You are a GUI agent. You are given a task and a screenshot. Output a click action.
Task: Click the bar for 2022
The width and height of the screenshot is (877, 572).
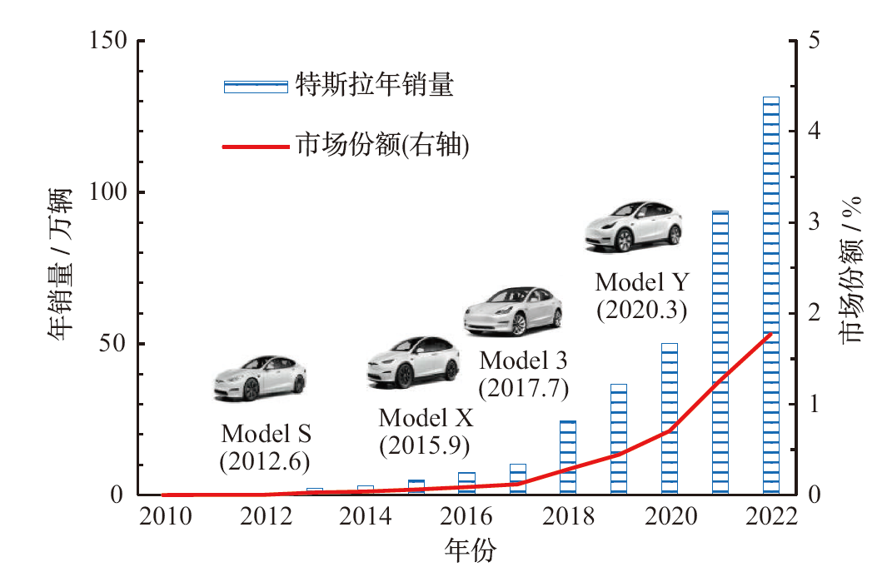(x=770, y=296)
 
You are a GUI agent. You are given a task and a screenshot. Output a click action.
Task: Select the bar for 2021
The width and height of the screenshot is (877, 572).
(x=720, y=353)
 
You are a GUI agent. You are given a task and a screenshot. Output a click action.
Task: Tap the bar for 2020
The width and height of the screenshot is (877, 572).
(x=670, y=419)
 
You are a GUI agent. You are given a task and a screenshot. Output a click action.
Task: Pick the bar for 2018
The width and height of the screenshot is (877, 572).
(x=568, y=458)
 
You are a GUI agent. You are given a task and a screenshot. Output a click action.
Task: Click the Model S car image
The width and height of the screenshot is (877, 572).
(x=257, y=377)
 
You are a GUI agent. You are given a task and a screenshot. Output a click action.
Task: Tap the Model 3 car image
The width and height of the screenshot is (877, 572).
(x=512, y=311)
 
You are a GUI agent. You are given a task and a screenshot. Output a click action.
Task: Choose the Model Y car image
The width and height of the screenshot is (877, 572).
(x=633, y=226)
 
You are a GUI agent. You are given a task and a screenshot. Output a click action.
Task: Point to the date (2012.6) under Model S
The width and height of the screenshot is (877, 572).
(x=265, y=460)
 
